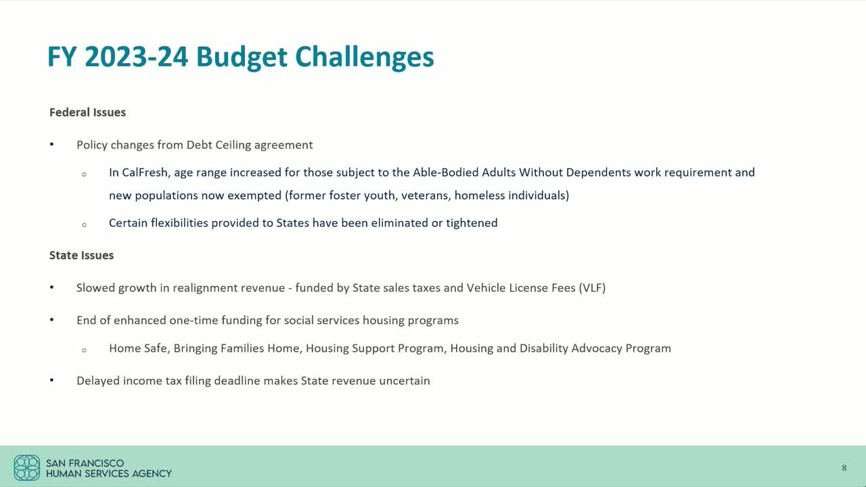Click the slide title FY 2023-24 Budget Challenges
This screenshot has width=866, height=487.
tap(240, 57)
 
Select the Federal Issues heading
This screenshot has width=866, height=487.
tap(87, 112)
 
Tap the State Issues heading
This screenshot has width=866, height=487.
tap(81, 255)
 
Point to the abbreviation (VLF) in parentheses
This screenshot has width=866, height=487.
tap(591, 287)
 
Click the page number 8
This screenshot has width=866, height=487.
tap(844, 468)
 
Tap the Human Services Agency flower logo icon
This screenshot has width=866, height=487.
tap(27, 467)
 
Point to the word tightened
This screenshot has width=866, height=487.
tap(472, 223)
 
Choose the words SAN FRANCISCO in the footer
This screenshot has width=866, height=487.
tap(85, 463)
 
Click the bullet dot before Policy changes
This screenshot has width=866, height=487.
tap(52, 145)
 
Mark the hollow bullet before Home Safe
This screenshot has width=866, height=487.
tap(84, 350)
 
